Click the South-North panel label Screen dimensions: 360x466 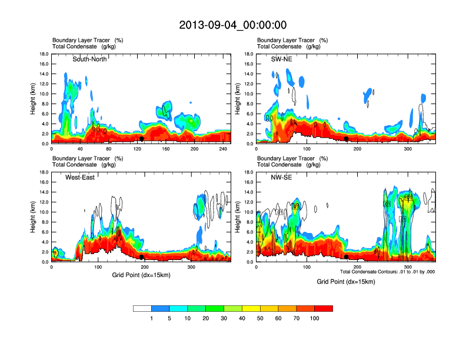click(x=89, y=59)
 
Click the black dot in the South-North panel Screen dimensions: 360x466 click(x=141, y=139)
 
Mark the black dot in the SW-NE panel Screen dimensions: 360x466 click(x=347, y=139)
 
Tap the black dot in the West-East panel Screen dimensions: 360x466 click(x=142, y=257)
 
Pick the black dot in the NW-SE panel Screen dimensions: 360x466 click(x=347, y=257)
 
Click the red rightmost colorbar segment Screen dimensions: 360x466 click(x=324, y=308)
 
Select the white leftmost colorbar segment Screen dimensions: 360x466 click(x=142, y=308)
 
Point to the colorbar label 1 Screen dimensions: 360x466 click(x=152, y=318)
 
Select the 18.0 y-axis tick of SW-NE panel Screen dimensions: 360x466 click(x=248, y=54)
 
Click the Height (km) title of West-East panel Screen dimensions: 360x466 click(x=34, y=217)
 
